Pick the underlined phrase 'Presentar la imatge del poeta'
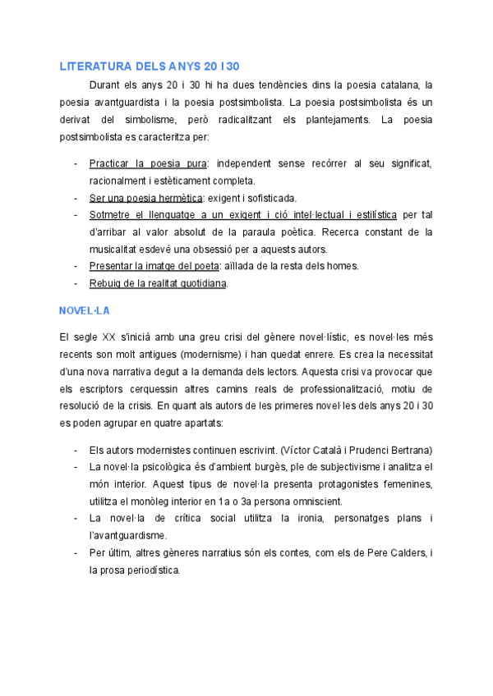154,266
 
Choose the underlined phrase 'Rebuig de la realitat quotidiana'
157,283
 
